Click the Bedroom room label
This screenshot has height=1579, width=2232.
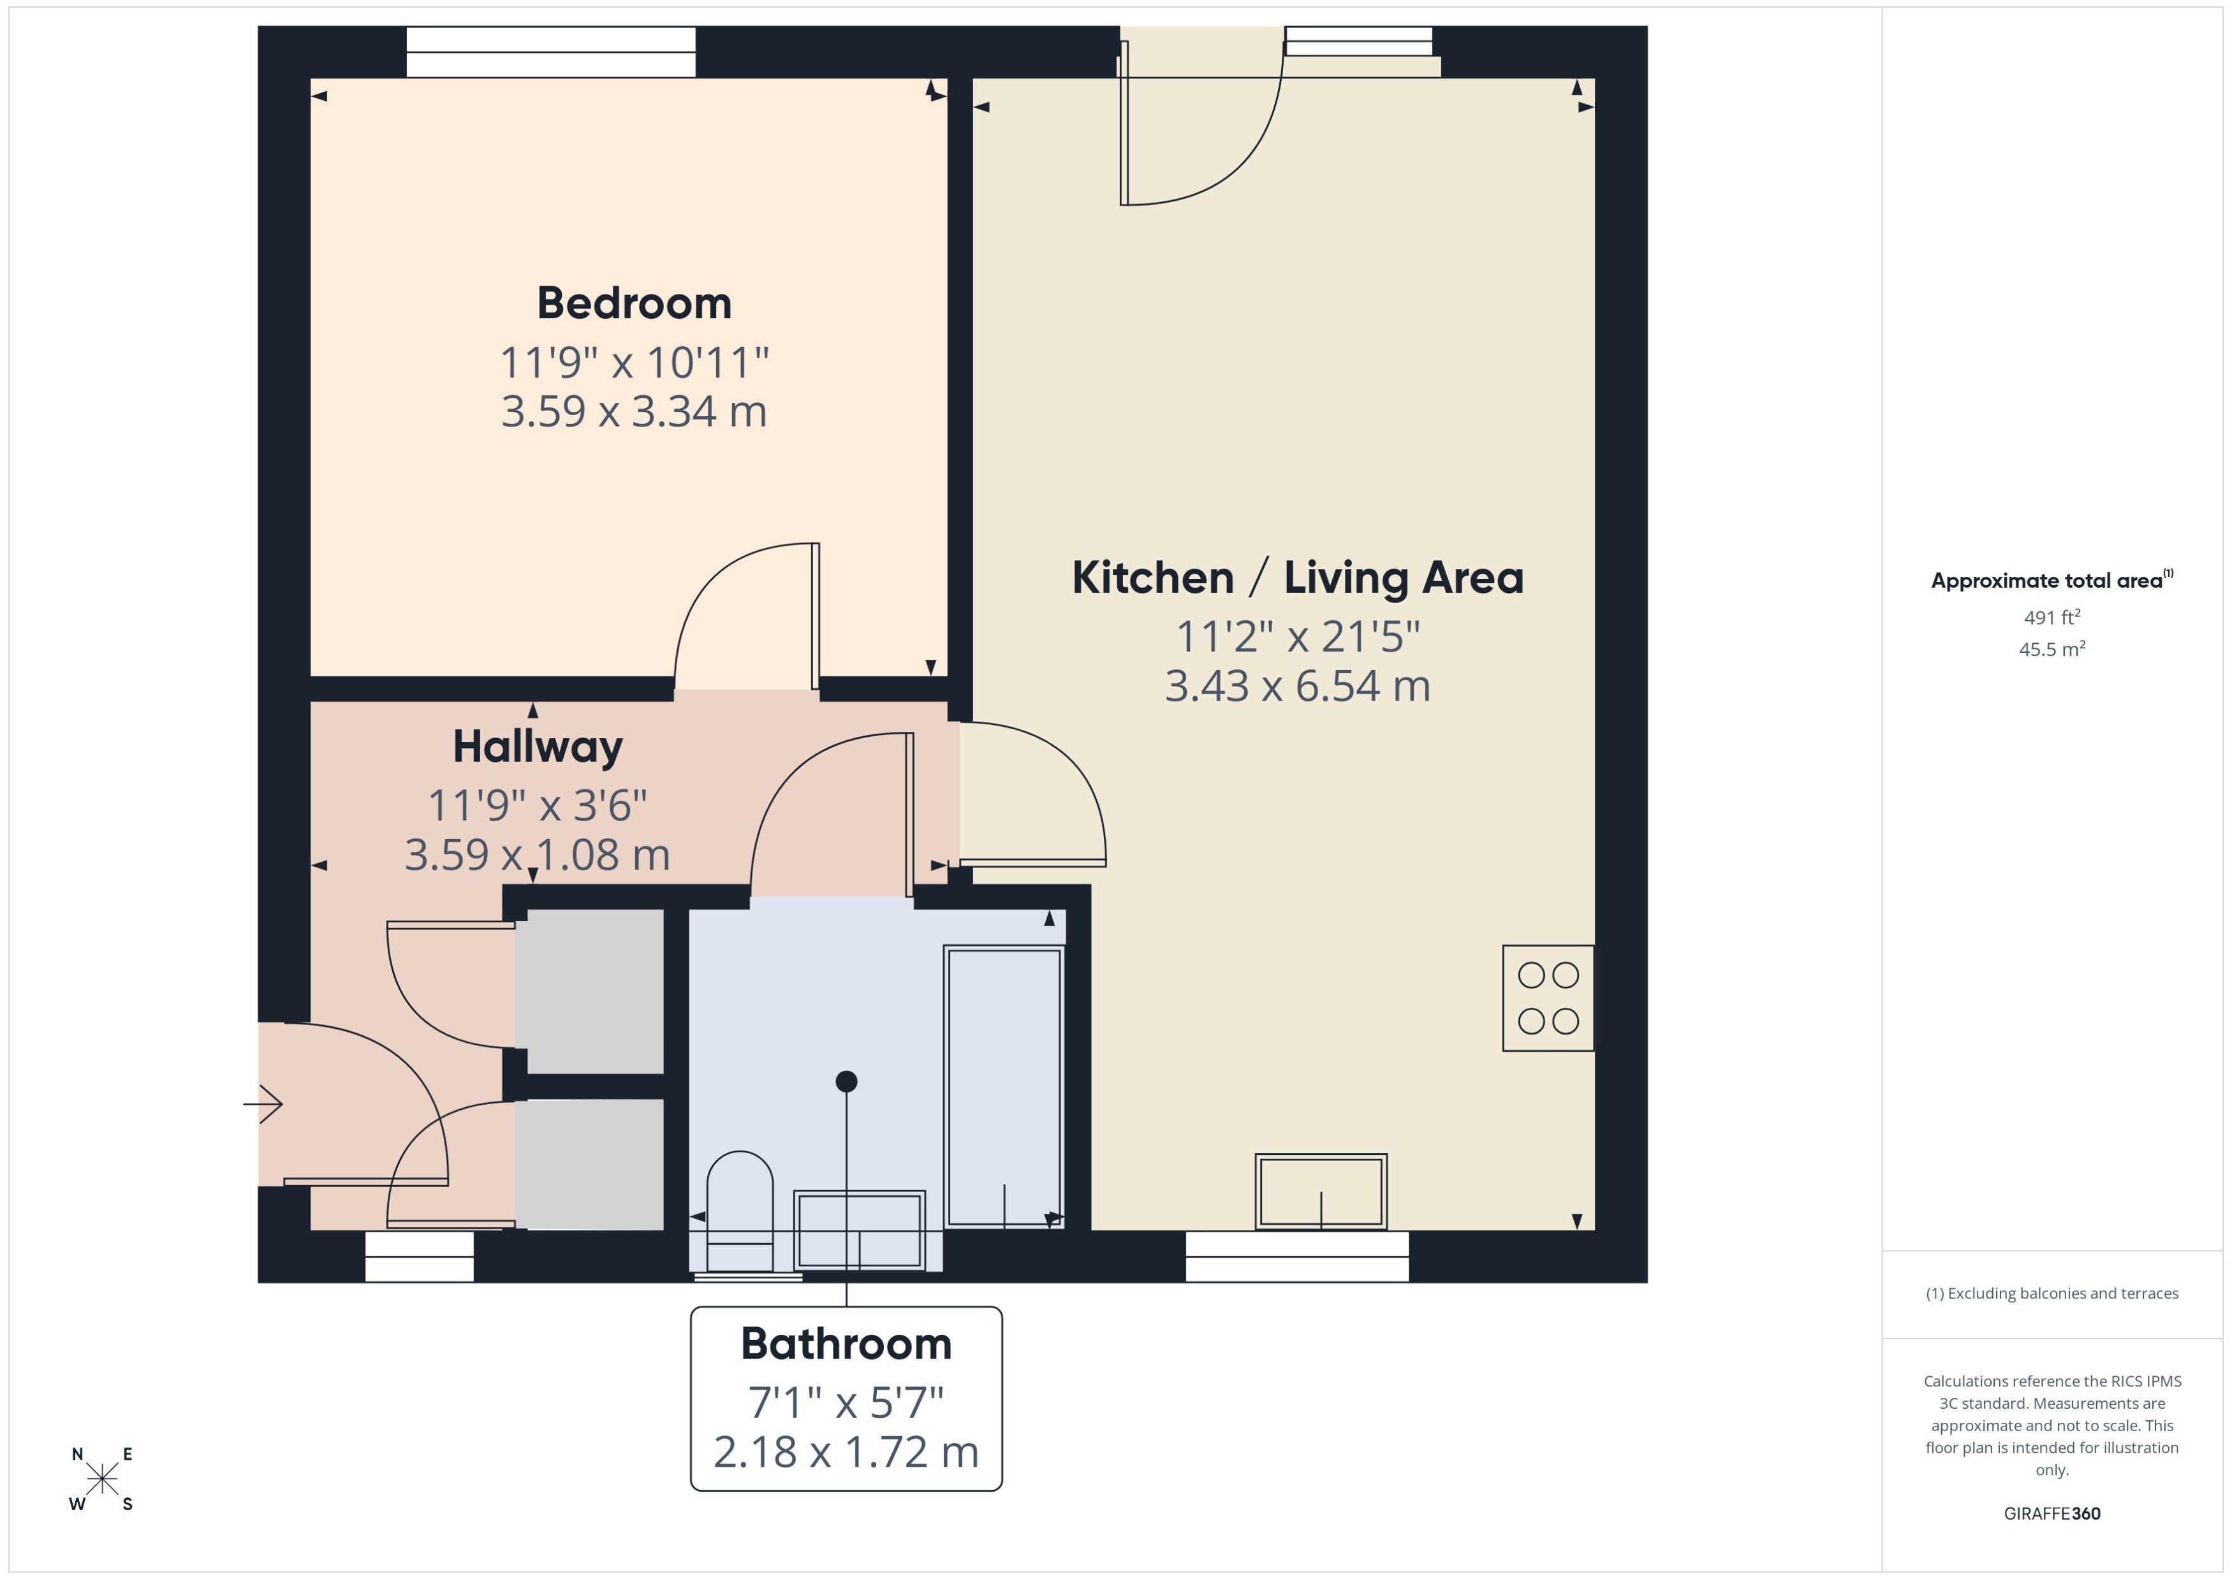pos(634,303)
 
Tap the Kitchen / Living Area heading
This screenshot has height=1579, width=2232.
pos(1297,578)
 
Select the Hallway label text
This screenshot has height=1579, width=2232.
pos(538,746)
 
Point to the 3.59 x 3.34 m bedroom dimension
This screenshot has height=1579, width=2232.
pos(634,411)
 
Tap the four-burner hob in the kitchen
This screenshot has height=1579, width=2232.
pos(1547,998)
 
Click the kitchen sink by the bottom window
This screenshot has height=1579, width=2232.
pos(1321,1191)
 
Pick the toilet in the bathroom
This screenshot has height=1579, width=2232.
pos(739,1211)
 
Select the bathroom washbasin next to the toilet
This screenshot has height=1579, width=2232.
pos(860,1230)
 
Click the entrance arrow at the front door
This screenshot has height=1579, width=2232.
pos(263,1103)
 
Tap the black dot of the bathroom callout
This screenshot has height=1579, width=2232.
pos(846,1081)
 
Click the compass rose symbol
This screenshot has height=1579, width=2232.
pos(102,1479)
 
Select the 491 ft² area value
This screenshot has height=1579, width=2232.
pos(2051,618)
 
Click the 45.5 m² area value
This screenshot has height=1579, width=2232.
pos(2051,648)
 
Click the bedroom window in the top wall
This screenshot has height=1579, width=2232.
pos(550,52)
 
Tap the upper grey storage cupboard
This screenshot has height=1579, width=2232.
pos(589,991)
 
